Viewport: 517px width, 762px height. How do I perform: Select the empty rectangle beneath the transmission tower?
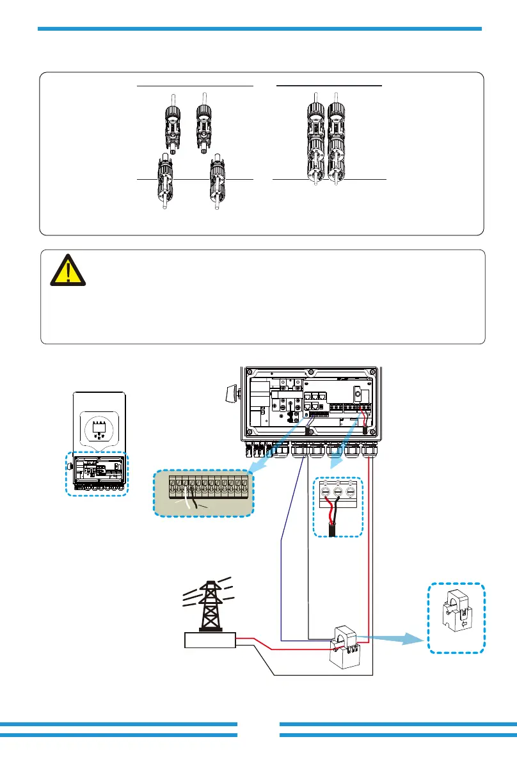point(209,640)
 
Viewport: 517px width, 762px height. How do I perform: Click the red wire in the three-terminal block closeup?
point(330,511)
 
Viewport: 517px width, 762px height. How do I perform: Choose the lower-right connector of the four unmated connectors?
point(218,186)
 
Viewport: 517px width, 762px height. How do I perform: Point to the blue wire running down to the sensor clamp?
point(282,576)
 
